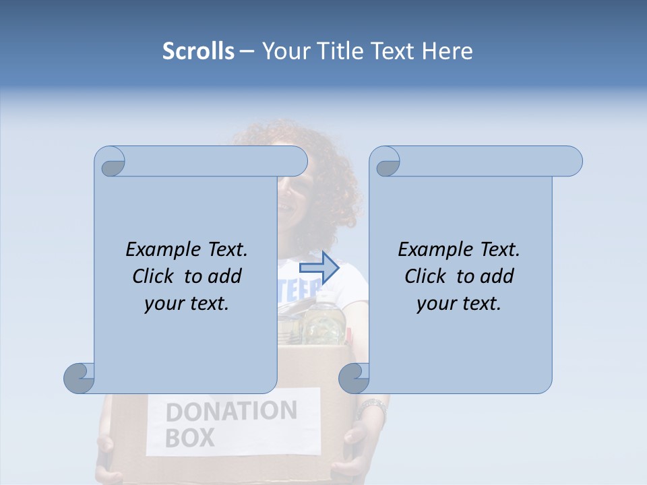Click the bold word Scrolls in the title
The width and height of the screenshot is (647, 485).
click(199, 51)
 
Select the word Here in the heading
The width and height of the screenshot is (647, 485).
click(448, 51)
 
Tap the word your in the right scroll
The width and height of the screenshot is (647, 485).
click(434, 303)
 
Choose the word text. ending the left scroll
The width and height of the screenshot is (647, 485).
click(209, 303)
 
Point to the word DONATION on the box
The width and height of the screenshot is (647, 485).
click(230, 410)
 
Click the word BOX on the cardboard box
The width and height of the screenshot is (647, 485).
click(190, 438)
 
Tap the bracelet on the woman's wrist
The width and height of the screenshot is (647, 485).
click(371, 408)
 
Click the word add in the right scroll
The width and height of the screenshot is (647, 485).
click(498, 276)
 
